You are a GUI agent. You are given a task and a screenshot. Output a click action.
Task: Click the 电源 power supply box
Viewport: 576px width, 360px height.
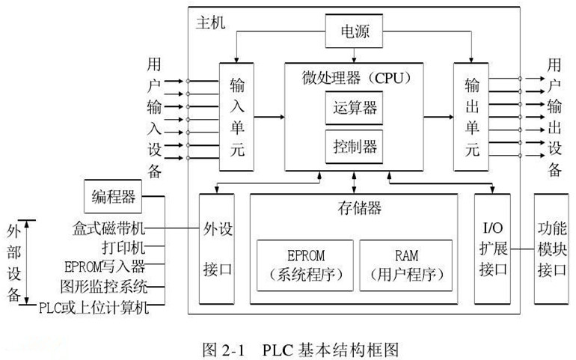tap(355, 34)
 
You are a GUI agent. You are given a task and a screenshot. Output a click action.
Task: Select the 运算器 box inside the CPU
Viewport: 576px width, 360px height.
tap(353, 108)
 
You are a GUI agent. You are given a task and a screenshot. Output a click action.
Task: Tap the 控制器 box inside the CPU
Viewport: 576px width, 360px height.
tap(353, 145)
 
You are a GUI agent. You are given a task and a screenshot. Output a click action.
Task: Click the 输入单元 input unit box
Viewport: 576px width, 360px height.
tap(236, 117)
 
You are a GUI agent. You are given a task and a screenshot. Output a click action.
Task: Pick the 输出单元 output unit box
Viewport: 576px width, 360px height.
tap(471, 117)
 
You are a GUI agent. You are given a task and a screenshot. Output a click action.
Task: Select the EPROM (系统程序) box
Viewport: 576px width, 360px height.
tap(304, 266)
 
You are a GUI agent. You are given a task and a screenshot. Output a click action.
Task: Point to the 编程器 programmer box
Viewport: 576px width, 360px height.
tap(114, 197)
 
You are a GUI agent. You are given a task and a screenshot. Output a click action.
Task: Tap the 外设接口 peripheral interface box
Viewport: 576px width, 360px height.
tap(217, 248)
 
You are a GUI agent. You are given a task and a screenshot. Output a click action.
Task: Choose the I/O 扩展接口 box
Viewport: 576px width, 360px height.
tap(492, 248)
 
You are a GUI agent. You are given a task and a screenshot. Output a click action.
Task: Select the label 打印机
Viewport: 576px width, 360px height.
tap(123, 246)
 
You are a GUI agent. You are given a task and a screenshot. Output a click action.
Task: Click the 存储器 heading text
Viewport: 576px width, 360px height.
tap(353, 207)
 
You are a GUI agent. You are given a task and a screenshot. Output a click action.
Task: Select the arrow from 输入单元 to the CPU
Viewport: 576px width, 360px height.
tap(269, 117)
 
